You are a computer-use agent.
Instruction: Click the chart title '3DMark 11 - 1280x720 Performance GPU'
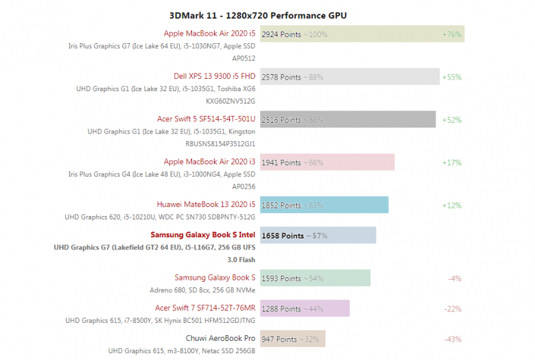(x=267, y=15)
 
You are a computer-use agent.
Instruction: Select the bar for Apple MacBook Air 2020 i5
(x=362, y=34)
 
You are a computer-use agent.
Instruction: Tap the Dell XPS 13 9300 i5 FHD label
(x=215, y=77)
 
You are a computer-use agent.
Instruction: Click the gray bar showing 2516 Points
(x=348, y=119)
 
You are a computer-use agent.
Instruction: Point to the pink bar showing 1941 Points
(x=327, y=163)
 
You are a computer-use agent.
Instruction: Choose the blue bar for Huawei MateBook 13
(x=324, y=205)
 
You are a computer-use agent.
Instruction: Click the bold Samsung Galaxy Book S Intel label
(x=203, y=235)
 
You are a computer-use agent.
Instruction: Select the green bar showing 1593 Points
(x=315, y=278)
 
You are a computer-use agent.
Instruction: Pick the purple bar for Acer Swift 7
(x=305, y=308)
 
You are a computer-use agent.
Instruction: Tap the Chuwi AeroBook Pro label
(x=220, y=339)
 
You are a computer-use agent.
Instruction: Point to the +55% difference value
(x=451, y=77)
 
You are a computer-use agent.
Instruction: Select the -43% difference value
(x=453, y=339)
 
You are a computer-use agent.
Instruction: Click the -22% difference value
(x=453, y=309)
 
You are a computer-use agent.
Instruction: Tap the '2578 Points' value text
(x=281, y=77)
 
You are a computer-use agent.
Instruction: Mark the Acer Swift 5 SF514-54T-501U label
(x=206, y=119)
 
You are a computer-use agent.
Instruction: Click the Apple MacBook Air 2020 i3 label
(x=209, y=163)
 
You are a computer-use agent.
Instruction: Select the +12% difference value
(x=451, y=205)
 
